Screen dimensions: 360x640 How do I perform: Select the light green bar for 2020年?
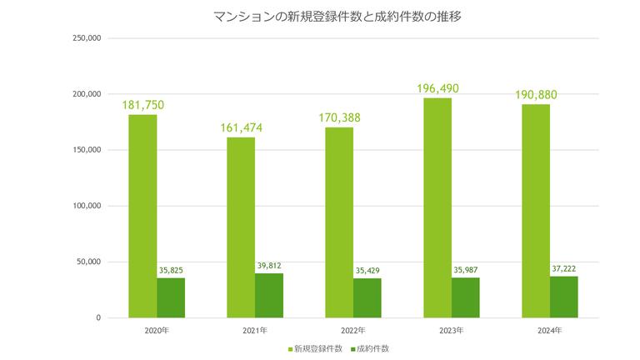click(142, 216)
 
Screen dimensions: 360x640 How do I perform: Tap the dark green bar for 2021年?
click(269, 295)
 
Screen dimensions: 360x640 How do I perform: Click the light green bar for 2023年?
click(437, 207)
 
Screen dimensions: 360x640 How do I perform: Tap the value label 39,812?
click(269, 266)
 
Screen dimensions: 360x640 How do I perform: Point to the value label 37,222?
click(564, 268)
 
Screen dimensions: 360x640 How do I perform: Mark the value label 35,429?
click(367, 271)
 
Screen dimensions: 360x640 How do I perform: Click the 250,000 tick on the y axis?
click(87, 38)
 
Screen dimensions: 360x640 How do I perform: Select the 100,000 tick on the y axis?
click(87, 206)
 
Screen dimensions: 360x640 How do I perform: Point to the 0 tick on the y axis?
click(97, 317)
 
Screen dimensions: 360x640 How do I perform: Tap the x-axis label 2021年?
click(255, 331)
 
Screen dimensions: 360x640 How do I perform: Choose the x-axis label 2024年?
click(550, 331)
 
